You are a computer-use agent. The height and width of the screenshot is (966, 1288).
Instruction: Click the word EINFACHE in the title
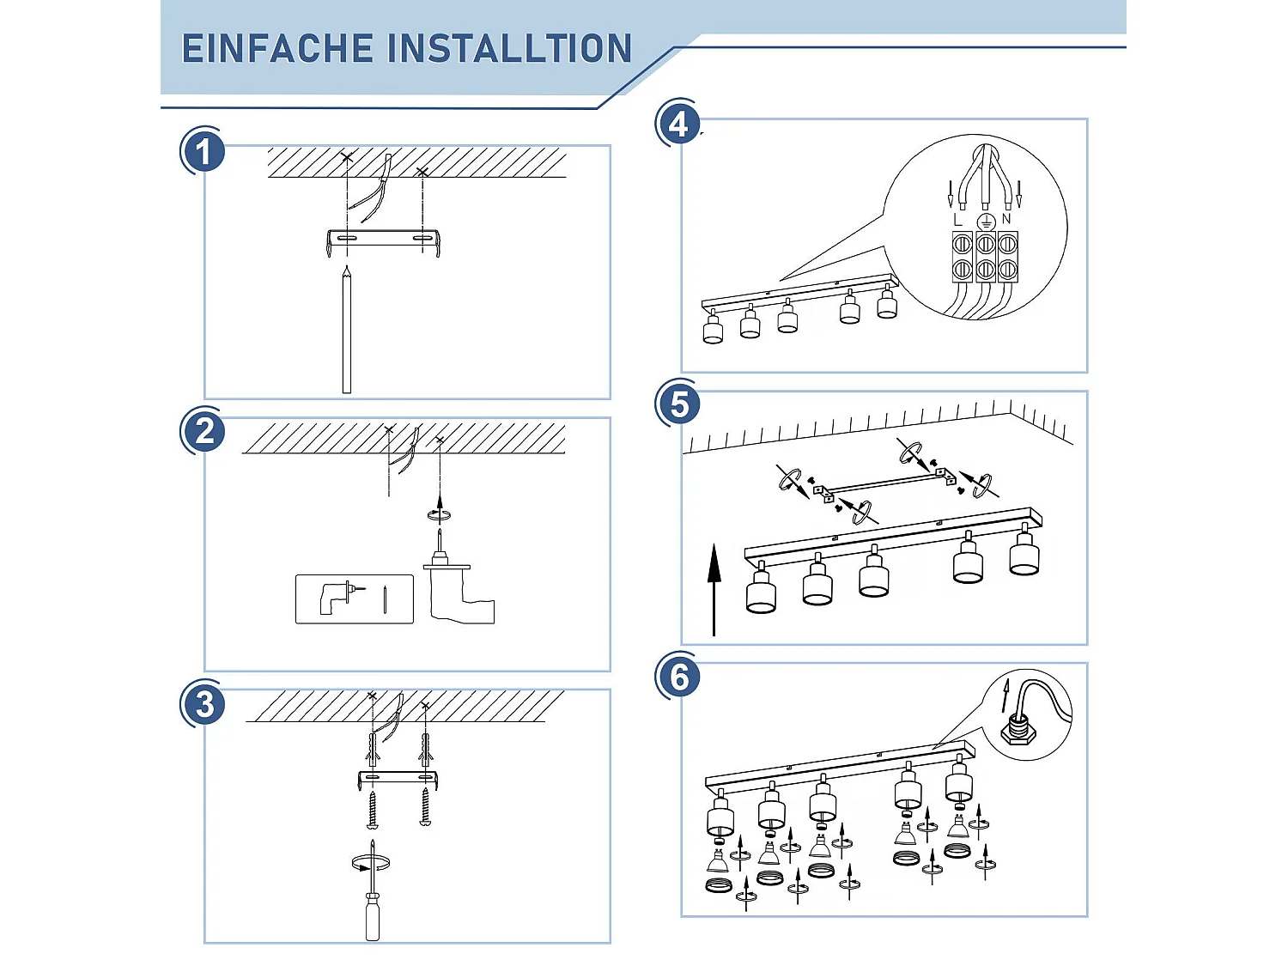tap(276, 49)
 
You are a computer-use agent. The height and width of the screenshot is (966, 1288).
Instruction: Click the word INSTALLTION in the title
tap(510, 49)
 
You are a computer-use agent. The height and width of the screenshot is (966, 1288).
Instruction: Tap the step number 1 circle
tap(204, 152)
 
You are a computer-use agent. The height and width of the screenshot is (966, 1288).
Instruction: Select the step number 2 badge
tap(204, 431)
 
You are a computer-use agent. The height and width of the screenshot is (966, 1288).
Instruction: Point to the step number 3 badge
tap(204, 704)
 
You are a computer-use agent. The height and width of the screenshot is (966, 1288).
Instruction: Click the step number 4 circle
tap(678, 125)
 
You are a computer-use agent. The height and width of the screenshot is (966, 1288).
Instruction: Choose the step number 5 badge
tap(678, 404)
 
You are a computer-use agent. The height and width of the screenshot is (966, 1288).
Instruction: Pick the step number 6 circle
tap(678, 677)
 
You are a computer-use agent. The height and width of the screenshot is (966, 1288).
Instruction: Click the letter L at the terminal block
tap(958, 220)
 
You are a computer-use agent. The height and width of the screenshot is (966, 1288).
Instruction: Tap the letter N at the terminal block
tap(1006, 219)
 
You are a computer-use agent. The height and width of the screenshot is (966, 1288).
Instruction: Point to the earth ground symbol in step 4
tap(985, 221)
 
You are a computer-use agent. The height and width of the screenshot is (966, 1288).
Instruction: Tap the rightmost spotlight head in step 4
tap(887, 304)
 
